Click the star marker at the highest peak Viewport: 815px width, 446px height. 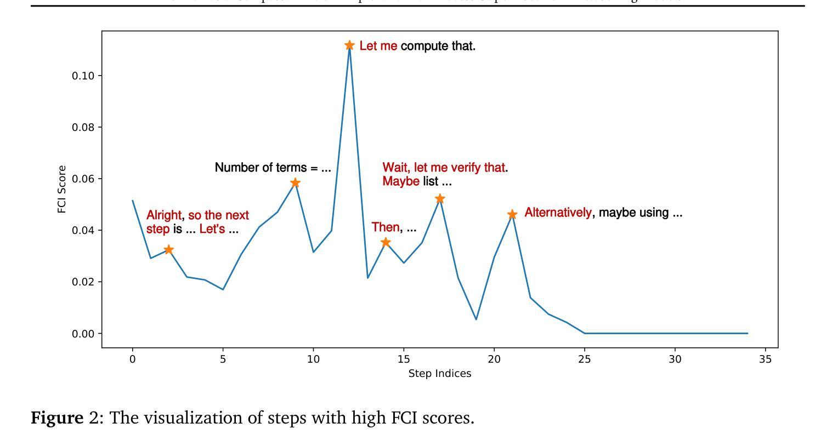point(349,45)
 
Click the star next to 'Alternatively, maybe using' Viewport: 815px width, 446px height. point(512,215)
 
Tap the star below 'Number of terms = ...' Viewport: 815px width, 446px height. point(295,183)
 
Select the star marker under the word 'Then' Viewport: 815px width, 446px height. point(386,242)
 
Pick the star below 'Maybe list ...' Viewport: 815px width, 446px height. point(440,199)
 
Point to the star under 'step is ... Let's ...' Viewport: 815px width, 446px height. point(169,250)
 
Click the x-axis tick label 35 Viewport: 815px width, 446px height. point(766,359)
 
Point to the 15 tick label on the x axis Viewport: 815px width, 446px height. point(404,359)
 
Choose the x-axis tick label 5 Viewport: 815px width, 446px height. point(223,359)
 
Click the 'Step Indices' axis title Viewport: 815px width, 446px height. point(440,374)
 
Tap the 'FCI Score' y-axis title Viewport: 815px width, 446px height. point(62,189)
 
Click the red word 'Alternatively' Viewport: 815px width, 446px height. point(558,213)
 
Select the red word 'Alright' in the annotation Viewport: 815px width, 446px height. point(163,215)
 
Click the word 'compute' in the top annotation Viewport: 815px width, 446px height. point(425,46)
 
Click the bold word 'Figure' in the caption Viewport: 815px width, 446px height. point(57,418)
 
